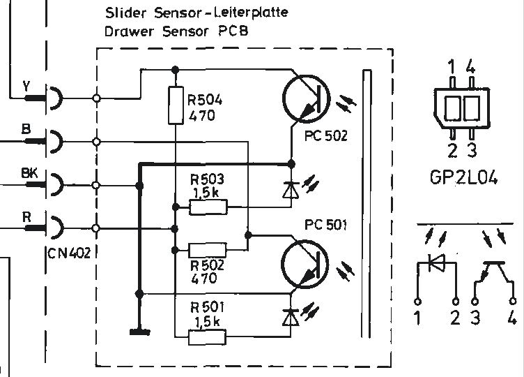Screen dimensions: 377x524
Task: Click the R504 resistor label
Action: coord(205,100)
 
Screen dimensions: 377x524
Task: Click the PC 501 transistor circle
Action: coord(305,262)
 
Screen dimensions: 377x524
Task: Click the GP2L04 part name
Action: coord(463,179)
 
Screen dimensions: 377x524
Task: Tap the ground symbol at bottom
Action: coord(139,330)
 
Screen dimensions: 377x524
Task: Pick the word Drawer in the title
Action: coord(123,31)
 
